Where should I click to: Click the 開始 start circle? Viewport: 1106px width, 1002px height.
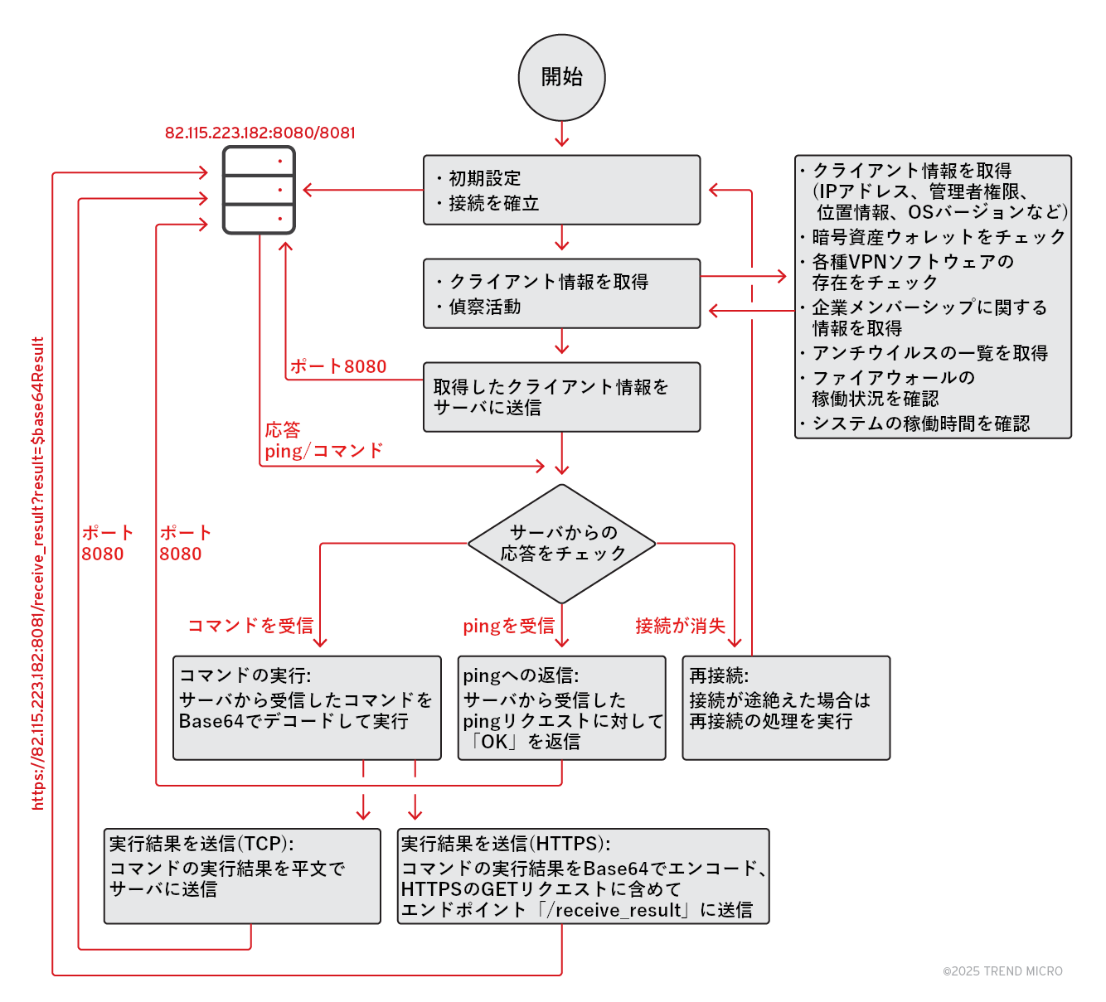[x=561, y=77]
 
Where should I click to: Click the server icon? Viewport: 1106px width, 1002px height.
[x=259, y=190]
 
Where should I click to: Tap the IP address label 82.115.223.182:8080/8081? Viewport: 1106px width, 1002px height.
[x=260, y=133]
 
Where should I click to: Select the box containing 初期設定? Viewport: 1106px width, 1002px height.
[x=561, y=190]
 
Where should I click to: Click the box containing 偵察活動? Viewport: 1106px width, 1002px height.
[x=561, y=293]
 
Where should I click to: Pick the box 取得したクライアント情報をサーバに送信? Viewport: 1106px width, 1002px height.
[x=561, y=397]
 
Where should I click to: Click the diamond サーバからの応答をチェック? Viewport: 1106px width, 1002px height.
[x=561, y=544]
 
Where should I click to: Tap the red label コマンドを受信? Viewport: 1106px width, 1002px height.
[x=250, y=626]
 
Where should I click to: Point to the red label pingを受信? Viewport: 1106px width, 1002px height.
[x=508, y=626]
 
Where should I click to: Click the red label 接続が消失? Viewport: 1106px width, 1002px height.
[x=680, y=626]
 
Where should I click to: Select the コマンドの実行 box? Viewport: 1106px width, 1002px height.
[x=307, y=708]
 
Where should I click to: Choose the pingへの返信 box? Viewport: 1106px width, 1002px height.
[x=561, y=708]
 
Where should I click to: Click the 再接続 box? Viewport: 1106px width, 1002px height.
[x=785, y=708]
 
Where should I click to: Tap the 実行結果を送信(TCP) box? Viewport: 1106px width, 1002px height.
[x=242, y=875]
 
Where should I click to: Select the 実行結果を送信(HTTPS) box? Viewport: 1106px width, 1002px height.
[x=583, y=875]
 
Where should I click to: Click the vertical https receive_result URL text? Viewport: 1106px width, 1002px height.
[x=38, y=573]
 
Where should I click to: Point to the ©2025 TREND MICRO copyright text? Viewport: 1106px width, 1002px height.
[x=1002, y=971]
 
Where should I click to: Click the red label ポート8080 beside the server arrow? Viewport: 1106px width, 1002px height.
[x=338, y=366]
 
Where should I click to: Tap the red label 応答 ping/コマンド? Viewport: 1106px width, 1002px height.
[x=323, y=441]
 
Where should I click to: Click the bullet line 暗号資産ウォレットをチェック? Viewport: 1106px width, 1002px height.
[x=938, y=237]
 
